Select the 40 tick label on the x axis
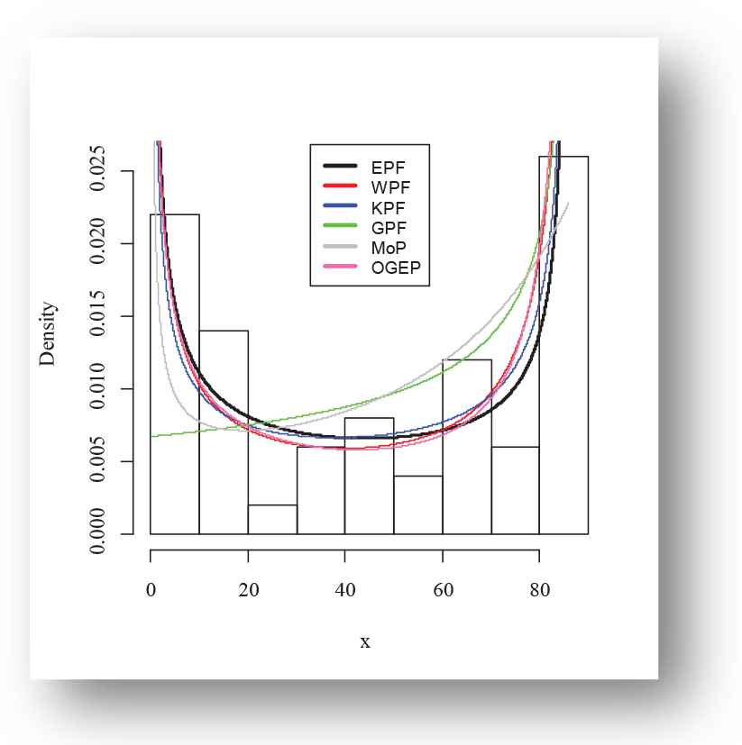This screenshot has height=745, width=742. pyautogui.click(x=344, y=591)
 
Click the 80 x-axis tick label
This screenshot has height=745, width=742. pyautogui.click(x=539, y=591)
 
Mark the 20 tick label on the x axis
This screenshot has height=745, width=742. pyautogui.click(x=248, y=591)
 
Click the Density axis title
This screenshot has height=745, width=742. pyautogui.click(x=49, y=333)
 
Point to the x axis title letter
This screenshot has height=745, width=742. pyautogui.click(x=365, y=642)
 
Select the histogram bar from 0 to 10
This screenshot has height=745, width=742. pyautogui.click(x=175, y=378)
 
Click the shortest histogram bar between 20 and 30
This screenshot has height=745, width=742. pyautogui.click(x=272, y=520)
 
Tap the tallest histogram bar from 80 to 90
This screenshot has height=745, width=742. pyautogui.click(x=563, y=351)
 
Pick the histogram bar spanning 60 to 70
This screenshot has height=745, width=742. pyautogui.click(x=466, y=450)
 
